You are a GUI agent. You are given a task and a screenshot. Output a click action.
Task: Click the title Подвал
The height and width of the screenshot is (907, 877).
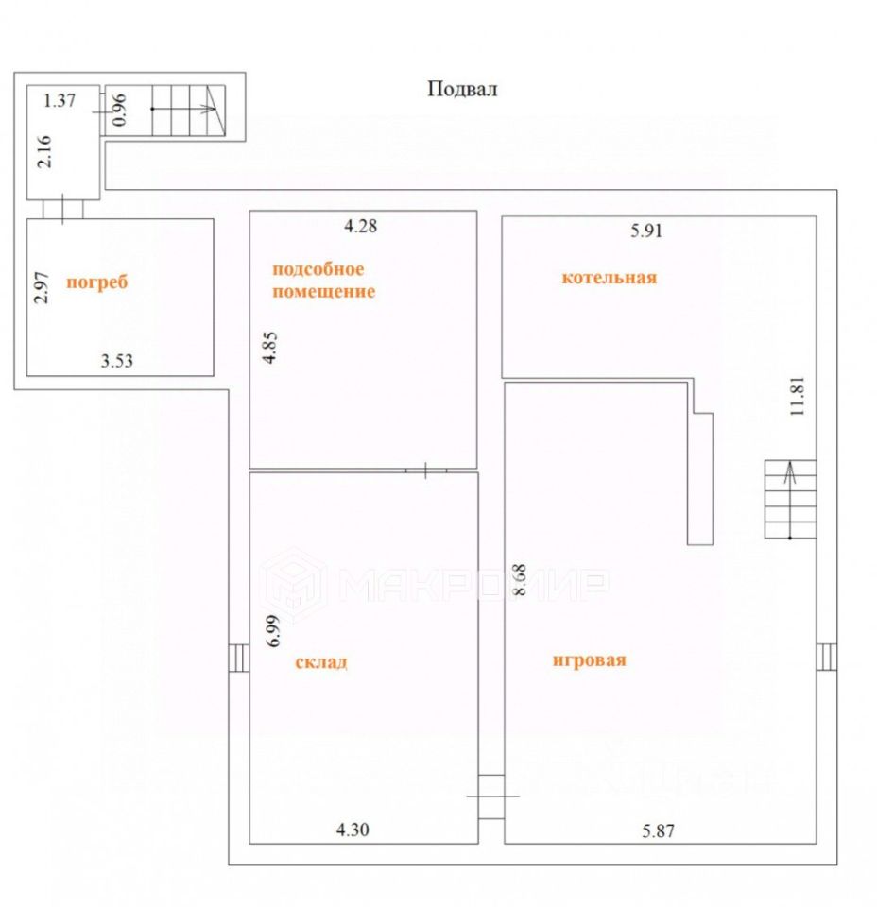coord(462,90)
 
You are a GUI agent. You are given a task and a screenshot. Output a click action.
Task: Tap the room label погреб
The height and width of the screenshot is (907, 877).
coord(96,282)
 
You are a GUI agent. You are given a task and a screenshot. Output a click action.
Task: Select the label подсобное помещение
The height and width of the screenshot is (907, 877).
coord(323,280)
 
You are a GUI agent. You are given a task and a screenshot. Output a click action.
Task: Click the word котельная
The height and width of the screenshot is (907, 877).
coord(609,278)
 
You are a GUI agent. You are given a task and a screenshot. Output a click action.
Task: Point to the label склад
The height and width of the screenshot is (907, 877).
coord(321,662)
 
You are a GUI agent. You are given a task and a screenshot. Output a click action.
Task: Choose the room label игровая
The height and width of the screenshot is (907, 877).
coord(589,660)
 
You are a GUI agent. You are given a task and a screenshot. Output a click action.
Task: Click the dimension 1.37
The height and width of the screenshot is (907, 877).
coord(60,98)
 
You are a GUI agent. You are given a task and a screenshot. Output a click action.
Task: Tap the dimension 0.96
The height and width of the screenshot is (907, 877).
coord(119,110)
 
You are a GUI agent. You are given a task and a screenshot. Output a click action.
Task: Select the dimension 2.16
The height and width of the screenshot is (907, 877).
coord(43,151)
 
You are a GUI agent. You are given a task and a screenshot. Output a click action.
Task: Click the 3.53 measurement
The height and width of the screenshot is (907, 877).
coord(118,360)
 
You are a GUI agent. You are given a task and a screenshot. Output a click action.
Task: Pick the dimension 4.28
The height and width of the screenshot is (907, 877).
coord(360,226)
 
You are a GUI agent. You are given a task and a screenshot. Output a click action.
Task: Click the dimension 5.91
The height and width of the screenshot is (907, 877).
coord(647,230)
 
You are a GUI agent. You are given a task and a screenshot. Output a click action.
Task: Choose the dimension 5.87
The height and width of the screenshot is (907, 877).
coord(661,830)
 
